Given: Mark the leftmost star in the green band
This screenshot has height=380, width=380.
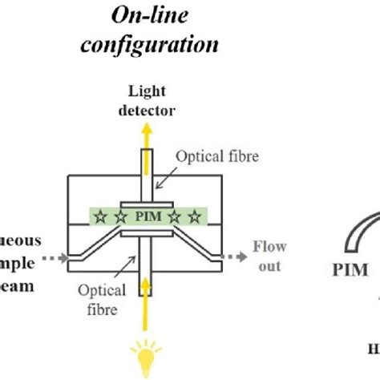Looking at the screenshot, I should click(100, 216).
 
